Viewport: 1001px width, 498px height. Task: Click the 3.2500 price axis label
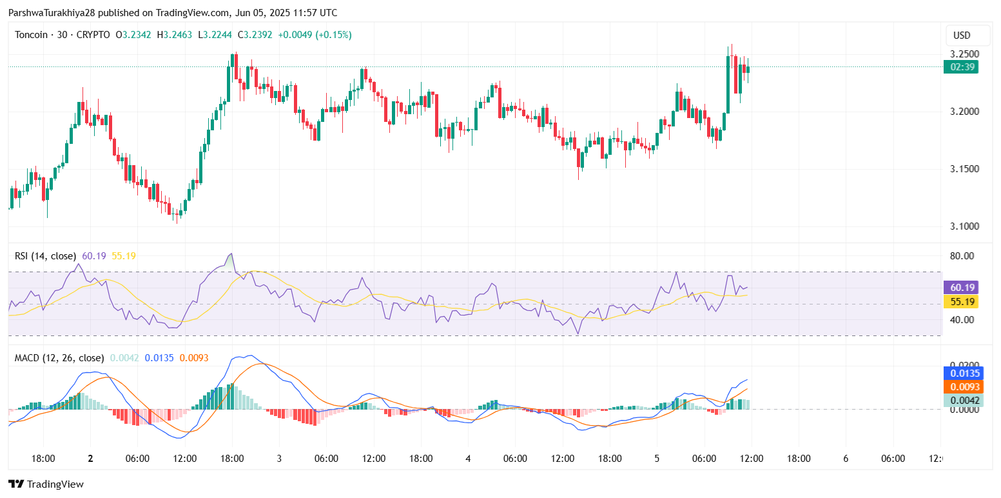pyautogui.click(x=965, y=54)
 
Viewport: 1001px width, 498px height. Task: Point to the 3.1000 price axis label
pyautogui.click(x=965, y=226)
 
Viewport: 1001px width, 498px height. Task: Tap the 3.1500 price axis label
pyautogui.click(x=965, y=169)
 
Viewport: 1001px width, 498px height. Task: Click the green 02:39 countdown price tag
pyautogui.click(x=961, y=66)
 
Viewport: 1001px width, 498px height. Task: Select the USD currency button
pyautogui.click(x=962, y=35)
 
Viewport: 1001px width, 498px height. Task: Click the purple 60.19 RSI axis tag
pyautogui.click(x=961, y=288)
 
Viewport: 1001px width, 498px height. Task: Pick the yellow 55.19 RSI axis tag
pyautogui.click(x=961, y=301)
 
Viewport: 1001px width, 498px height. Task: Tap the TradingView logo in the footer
pyautogui.click(x=46, y=484)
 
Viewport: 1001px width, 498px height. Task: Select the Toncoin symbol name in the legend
pyautogui.click(x=31, y=35)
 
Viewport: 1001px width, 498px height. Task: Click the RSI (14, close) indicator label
pyautogui.click(x=45, y=256)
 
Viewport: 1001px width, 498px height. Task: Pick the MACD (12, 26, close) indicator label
pyautogui.click(x=59, y=358)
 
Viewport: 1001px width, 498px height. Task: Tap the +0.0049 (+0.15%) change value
pyautogui.click(x=315, y=35)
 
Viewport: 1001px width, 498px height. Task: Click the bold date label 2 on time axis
pyautogui.click(x=90, y=459)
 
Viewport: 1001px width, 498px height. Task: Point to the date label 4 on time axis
pyautogui.click(x=468, y=459)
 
